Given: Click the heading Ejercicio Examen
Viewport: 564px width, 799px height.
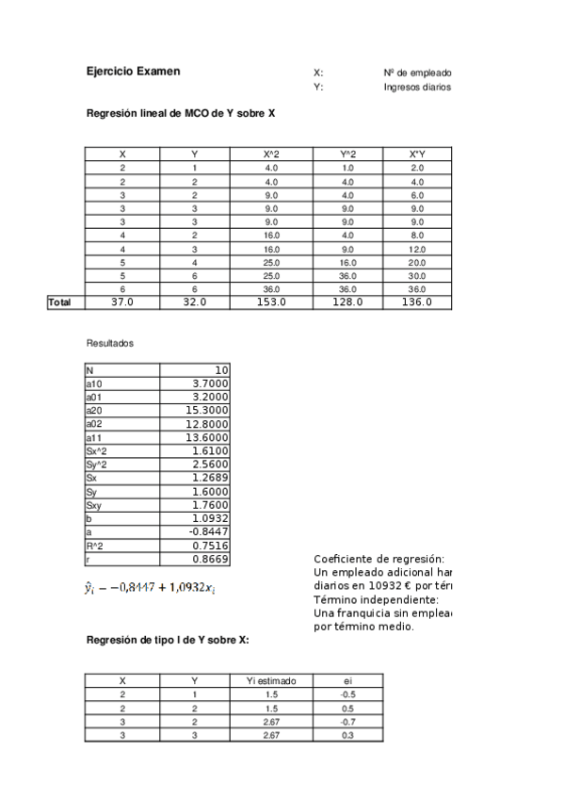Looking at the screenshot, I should coord(133,72).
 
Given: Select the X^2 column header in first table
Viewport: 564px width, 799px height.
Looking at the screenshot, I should coord(271,155).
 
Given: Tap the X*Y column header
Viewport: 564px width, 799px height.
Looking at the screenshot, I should coord(417,155).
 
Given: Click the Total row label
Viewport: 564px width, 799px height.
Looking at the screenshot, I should coord(60,302).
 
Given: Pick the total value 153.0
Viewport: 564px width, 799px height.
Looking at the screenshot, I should coord(271,302).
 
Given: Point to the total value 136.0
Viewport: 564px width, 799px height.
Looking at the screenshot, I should coord(417,302).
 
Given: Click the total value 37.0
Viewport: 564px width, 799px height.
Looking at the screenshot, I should coord(122,302).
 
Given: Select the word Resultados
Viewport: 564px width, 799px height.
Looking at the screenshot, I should coord(109,344).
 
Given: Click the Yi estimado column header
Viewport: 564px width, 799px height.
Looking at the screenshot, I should coord(271,680).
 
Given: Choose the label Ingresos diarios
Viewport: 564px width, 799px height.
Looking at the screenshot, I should coord(417,88).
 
